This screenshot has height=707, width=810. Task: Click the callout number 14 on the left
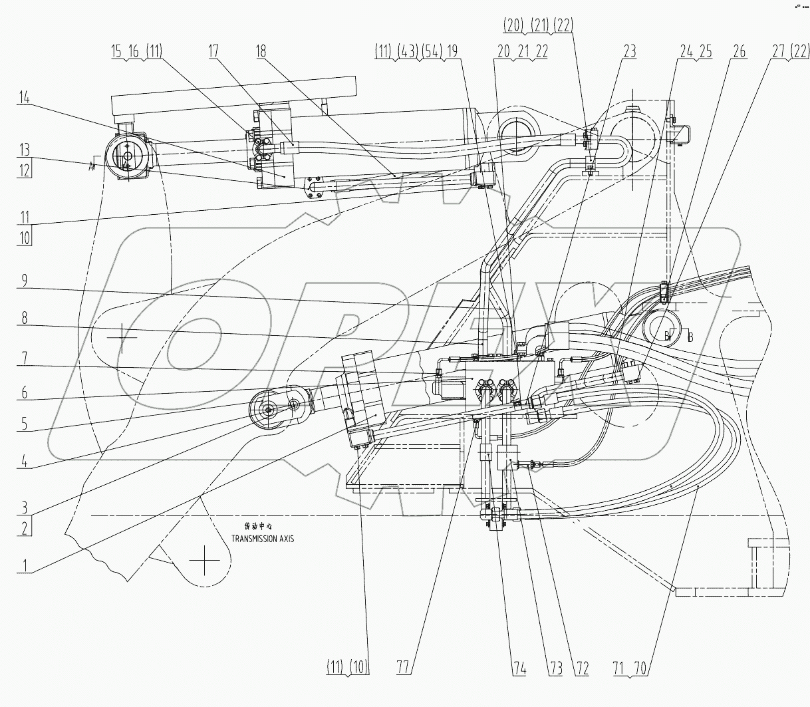[25, 97]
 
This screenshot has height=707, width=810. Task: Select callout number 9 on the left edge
[25, 281]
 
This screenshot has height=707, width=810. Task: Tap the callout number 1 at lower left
[25, 567]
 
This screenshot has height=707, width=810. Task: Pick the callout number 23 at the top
[628, 51]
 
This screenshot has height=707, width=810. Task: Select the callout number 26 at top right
[739, 51]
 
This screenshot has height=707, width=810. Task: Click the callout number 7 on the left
[25, 358]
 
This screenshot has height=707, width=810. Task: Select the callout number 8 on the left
[25, 319]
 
